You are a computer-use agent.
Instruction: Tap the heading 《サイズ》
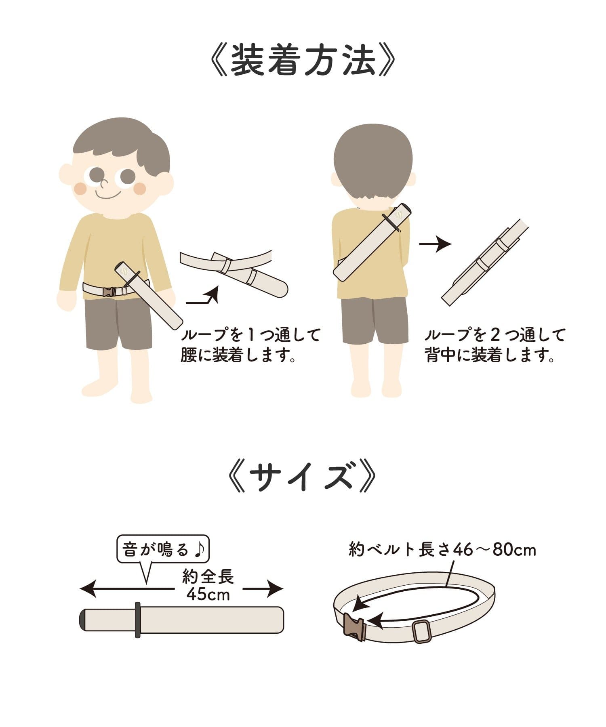coord(302,477)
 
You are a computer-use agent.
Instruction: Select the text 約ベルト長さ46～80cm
coord(442,550)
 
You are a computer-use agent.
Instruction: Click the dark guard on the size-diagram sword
coord(137,620)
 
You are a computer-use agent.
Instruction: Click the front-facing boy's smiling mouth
coord(108,195)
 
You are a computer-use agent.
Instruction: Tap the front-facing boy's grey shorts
coord(119,323)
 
